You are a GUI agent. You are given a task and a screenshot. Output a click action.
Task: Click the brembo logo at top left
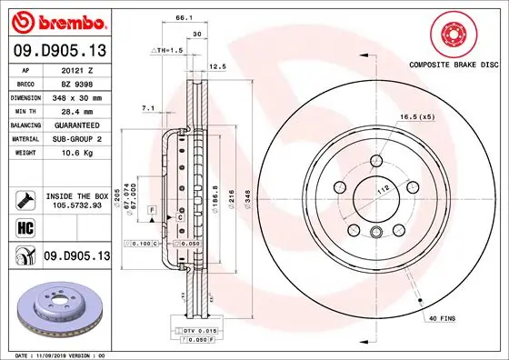58,20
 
